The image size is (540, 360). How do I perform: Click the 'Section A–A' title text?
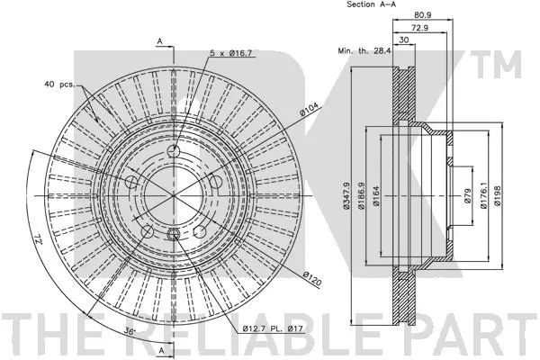(372, 5)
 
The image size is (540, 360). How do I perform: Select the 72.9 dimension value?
(418, 29)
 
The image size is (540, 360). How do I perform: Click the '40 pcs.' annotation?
(59, 85)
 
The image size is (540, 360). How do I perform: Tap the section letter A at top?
(159, 41)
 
